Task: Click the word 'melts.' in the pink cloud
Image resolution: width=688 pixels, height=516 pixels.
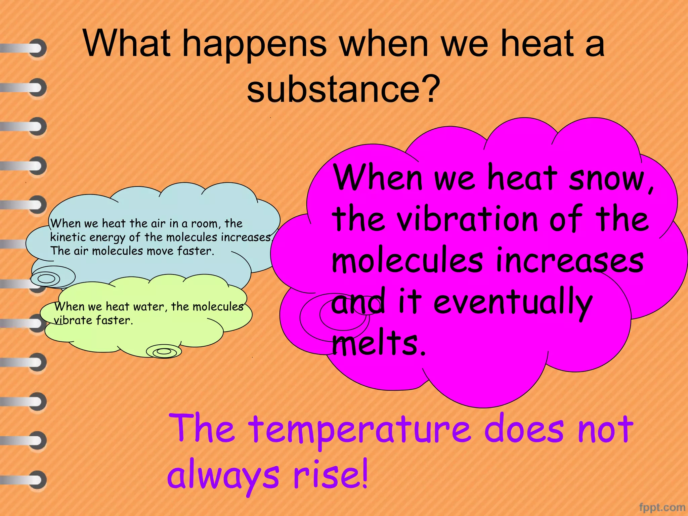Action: (x=379, y=343)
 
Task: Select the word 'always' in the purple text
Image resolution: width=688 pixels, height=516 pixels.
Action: (x=223, y=477)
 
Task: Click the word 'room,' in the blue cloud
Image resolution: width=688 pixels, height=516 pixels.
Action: (x=205, y=224)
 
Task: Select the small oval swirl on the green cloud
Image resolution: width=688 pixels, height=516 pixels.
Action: (x=164, y=351)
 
